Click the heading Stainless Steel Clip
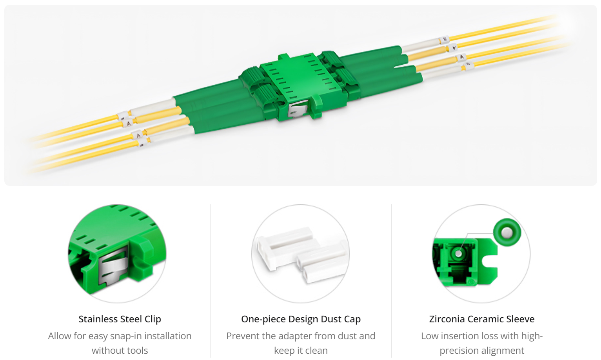[120, 319]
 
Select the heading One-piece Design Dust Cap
[301, 319]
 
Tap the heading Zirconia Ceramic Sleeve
[481, 319]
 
